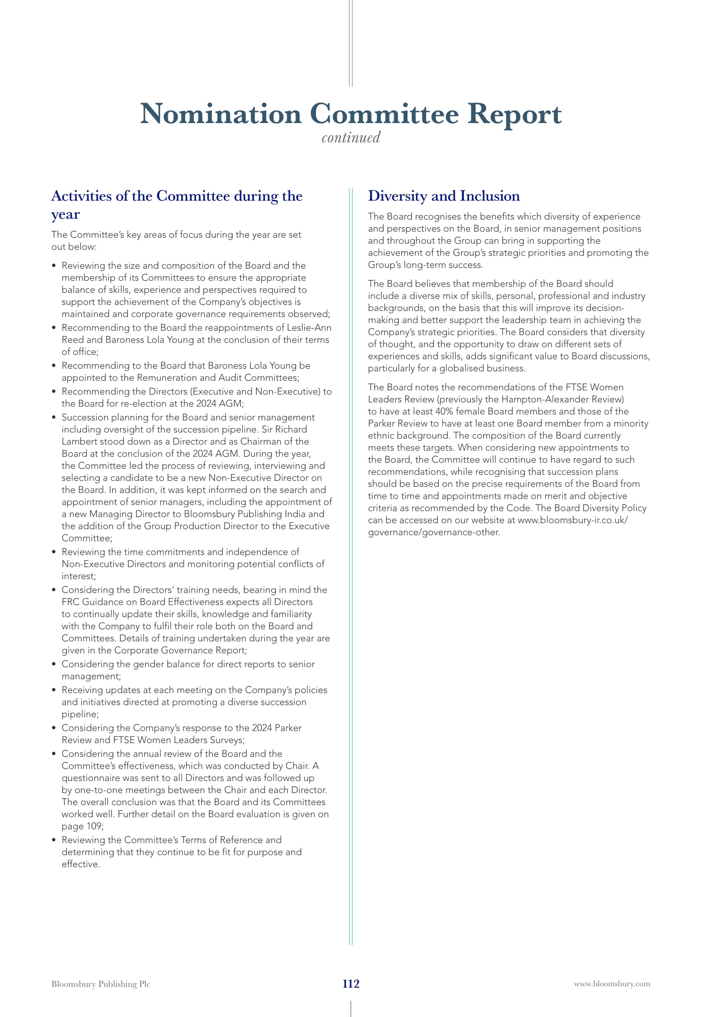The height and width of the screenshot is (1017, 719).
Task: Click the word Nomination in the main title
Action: (x=220, y=114)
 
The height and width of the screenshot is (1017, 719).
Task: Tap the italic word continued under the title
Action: (x=351, y=138)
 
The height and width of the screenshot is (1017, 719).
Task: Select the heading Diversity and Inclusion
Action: (x=444, y=196)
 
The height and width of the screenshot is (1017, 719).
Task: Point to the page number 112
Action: (x=351, y=984)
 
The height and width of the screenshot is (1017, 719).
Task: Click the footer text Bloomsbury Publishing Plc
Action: (x=100, y=984)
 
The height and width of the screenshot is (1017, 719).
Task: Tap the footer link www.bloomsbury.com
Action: (x=612, y=984)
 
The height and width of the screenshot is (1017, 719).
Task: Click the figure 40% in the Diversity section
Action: (x=444, y=411)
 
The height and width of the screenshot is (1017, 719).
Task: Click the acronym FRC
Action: (x=70, y=602)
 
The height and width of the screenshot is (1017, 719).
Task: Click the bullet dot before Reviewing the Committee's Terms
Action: (x=54, y=840)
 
